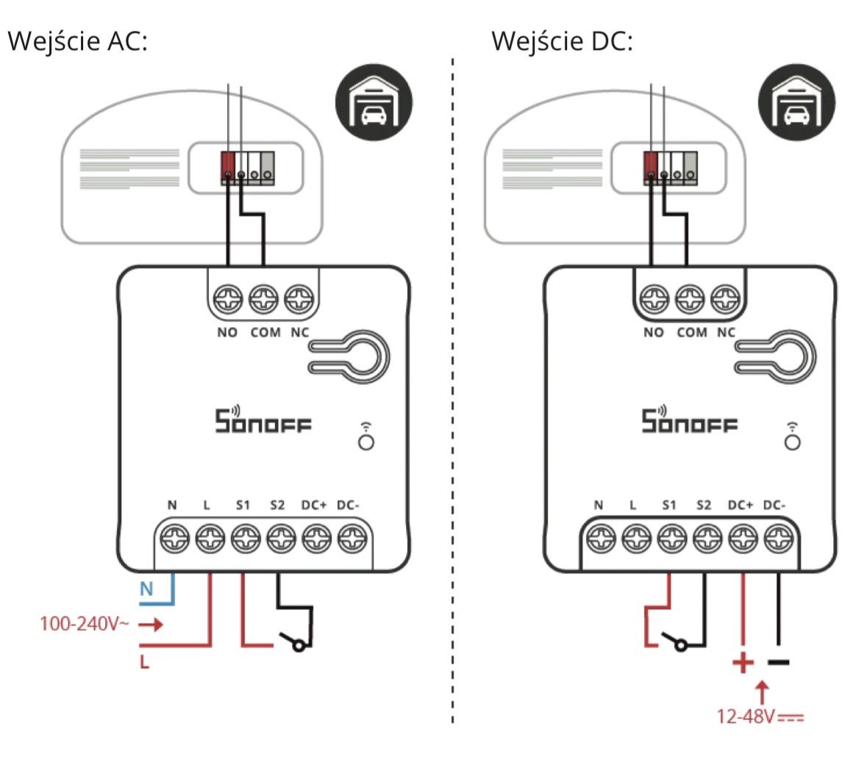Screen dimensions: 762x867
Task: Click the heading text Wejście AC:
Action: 77,41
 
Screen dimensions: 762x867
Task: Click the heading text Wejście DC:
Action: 562,41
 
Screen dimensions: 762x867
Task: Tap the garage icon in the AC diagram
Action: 374,104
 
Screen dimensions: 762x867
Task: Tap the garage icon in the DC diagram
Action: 797,104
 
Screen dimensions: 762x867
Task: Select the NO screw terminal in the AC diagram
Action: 227,300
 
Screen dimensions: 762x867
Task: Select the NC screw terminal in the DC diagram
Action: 725,300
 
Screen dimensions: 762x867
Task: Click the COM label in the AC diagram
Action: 265,333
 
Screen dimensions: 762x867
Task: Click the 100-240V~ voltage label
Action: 85,625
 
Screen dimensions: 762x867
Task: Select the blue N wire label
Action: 146,589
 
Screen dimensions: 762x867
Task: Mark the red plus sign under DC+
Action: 743,662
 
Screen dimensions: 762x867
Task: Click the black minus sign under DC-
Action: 778,662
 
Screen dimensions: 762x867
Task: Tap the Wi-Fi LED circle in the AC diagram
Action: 365,442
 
